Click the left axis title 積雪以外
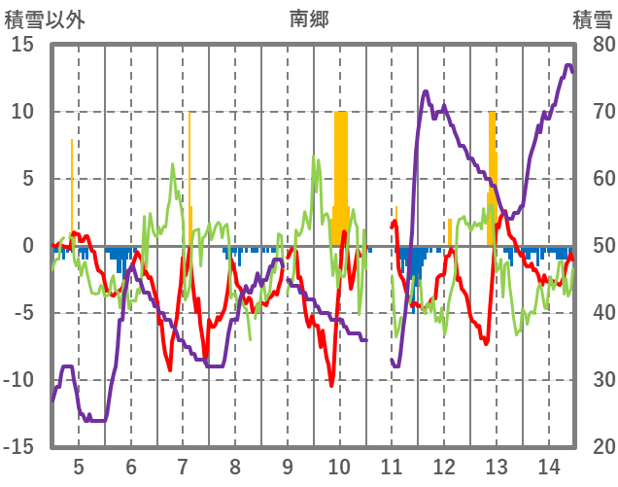tap(46, 17)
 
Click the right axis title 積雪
tap(592, 17)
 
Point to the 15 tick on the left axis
tap(22, 45)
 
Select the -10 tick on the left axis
tap(18, 380)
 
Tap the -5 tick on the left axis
tap(22, 313)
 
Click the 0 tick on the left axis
tap(28, 246)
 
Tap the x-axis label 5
tap(79, 465)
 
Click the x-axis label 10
tap(339, 465)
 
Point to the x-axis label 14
tap(548, 465)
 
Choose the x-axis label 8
tap(235, 465)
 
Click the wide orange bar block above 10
tap(340, 175)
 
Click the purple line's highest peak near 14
tap(568, 66)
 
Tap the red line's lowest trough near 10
tap(331, 385)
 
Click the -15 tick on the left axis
tap(18, 447)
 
